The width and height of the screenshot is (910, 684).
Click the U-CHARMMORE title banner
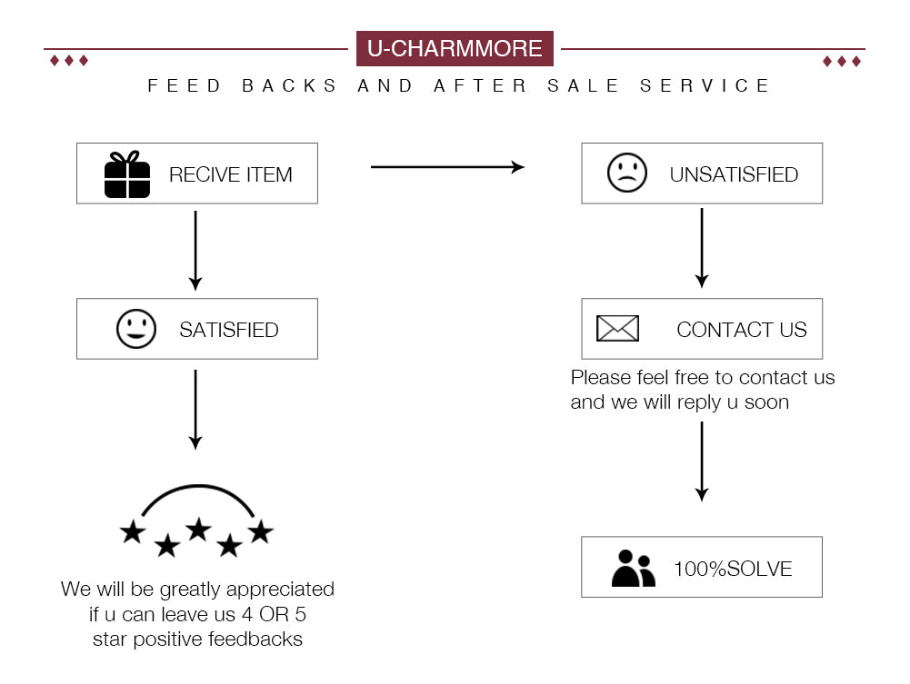click(x=455, y=48)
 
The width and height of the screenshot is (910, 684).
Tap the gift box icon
click(x=127, y=174)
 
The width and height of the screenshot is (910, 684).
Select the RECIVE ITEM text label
click(x=231, y=174)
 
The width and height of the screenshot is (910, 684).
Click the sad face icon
click(x=627, y=173)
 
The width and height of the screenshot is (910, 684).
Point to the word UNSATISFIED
click(x=734, y=174)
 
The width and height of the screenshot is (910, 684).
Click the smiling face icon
click(x=136, y=329)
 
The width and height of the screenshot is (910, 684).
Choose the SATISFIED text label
click(x=229, y=330)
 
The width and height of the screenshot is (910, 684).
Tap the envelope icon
click(x=617, y=329)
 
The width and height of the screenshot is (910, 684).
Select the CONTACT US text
click(x=742, y=330)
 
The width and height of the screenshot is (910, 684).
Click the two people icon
click(x=633, y=569)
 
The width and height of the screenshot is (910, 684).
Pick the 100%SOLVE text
click(x=733, y=570)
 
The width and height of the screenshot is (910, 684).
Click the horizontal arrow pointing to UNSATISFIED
click(x=447, y=167)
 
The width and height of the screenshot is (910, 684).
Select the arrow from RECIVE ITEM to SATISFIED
click(x=195, y=249)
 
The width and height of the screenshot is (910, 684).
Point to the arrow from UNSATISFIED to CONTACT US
click(x=701, y=247)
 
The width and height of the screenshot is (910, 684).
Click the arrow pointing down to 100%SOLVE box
click(x=701, y=461)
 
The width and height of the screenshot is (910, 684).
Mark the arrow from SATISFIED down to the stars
click(x=195, y=409)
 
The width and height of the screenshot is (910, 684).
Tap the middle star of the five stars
click(x=198, y=529)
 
